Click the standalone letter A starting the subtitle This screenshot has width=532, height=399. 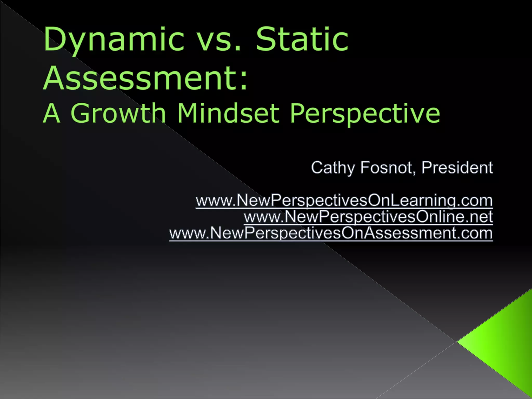52,113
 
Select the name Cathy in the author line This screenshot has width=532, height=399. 332,168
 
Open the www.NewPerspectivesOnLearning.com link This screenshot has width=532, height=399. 344,201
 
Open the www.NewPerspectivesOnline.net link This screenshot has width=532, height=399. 368,217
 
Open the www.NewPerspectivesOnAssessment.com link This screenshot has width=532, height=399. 331,233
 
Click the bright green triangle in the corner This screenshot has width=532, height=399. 501,343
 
